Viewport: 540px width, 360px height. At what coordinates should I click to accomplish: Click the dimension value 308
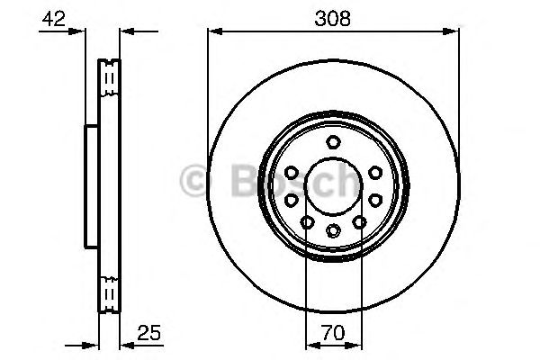point(333,17)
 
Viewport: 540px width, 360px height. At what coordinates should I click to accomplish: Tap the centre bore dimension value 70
point(333,335)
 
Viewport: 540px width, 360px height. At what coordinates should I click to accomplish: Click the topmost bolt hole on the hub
point(333,141)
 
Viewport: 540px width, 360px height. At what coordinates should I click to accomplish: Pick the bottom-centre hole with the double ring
point(333,231)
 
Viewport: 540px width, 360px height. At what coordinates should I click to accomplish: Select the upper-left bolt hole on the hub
point(292,172)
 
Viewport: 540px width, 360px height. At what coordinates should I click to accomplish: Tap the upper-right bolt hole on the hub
point(373,172)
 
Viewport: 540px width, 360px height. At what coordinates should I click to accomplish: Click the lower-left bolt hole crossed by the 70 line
point(307,221)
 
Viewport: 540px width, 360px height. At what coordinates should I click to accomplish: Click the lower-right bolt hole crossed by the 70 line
point(359,221)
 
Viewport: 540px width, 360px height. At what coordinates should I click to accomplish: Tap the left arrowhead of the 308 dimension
point(214,32)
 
